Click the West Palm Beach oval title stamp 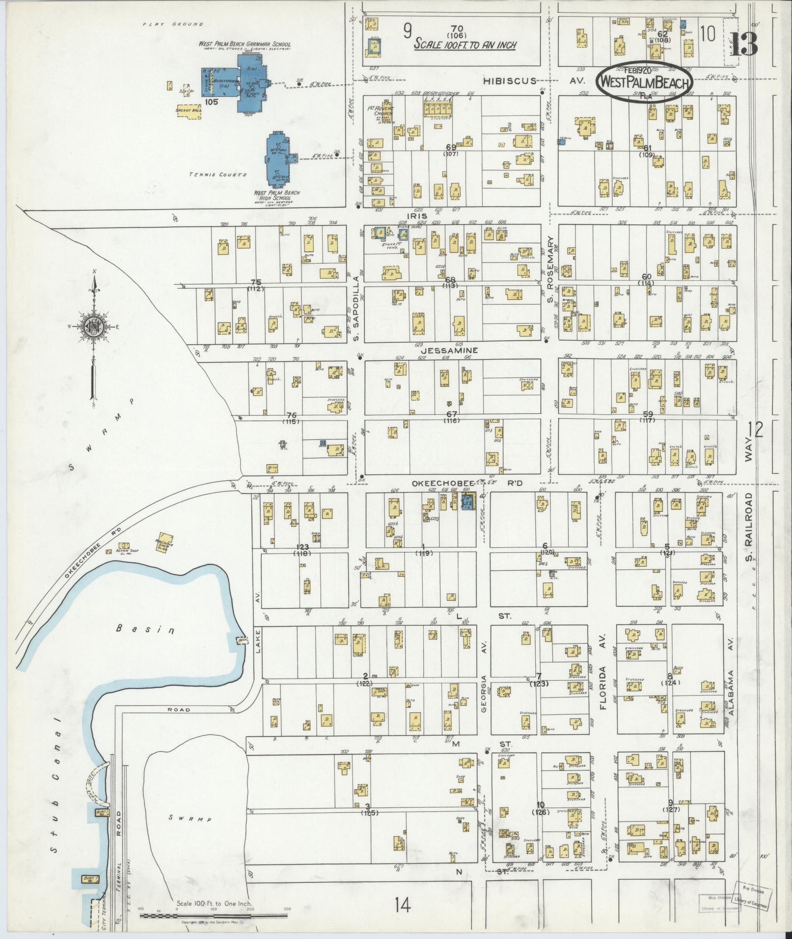click(x=644, y=82)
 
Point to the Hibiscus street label click(x=509, y=81)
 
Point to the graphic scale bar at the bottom click(x=214, y=915)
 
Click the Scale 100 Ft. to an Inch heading click(x=464, y=44)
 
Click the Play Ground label click(x=173, y=23)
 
